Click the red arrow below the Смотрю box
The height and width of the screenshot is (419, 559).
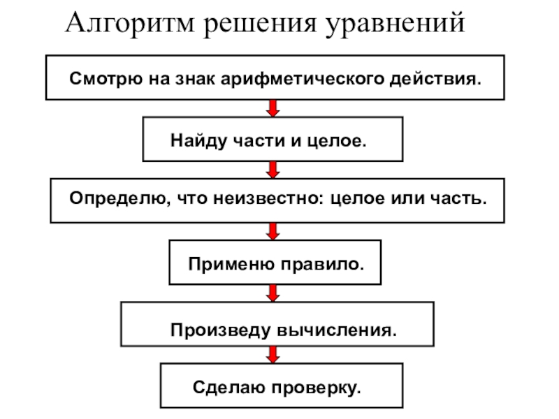coord(273,108)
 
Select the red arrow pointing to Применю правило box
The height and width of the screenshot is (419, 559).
coord(273,230)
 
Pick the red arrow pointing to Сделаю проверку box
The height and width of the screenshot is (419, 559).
coord(273,355)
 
